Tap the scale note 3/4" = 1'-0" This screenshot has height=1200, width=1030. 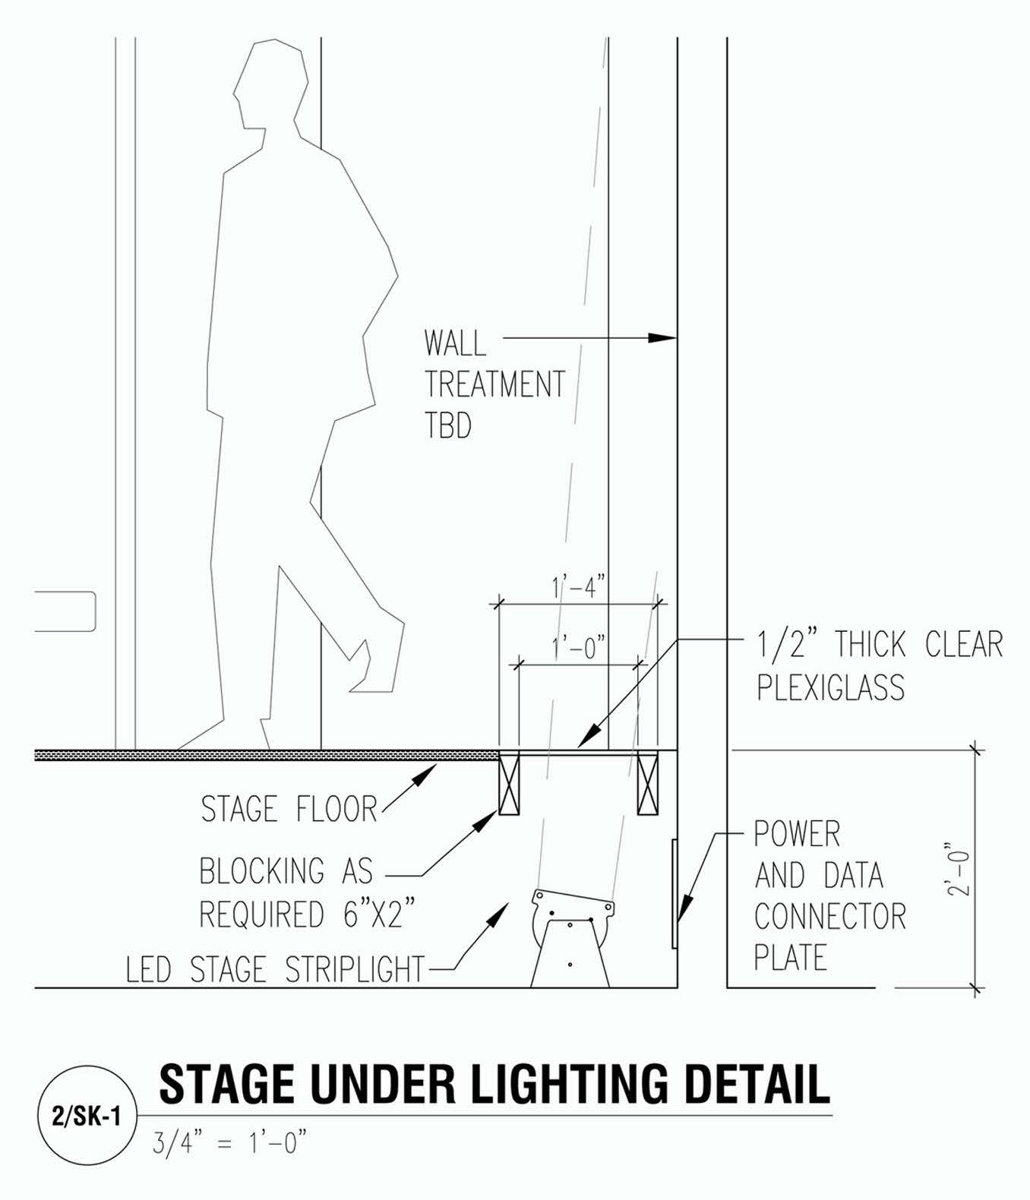pyautogui.click(x=230, y=1143)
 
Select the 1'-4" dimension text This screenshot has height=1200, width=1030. pyautogui.click(x=578, y=586)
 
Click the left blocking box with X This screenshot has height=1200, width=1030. pyautogui.click(x=509, y=782)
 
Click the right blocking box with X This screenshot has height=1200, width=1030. pyautogui.click(x=648, y=782)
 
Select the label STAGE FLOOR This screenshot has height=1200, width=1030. pyautogui.click(x=289, y=810)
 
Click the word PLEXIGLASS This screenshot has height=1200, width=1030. pyautogui.click(x=831, y=687)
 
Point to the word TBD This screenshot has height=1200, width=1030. pyautogui.click(x=448, y=425)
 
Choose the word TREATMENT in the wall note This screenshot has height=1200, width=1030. pyautogui.click(x=494, y=384)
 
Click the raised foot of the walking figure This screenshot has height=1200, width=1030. pyautogui.click(x=378, y=659)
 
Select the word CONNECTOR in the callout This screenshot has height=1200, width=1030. pyautogui.click(x=830, y=915)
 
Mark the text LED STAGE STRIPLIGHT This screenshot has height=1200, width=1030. pyautogui.click(x=276, y=969)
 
